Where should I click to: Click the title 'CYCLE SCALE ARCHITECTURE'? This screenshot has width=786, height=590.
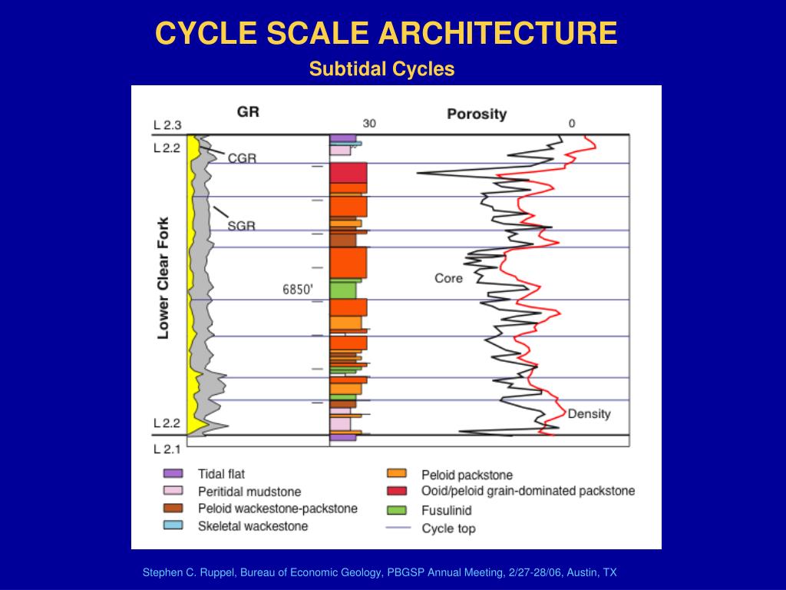click(x=386, y=33)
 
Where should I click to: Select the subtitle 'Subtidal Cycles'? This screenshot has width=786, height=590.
click(x=381, y=69)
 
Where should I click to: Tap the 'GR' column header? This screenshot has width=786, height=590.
click(x=248, y=111)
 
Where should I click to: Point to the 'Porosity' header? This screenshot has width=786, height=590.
click(x=477, y=114)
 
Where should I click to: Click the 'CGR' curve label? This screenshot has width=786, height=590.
click(x=242, y=158)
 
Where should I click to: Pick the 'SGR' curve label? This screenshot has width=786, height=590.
click(x=241, y=226)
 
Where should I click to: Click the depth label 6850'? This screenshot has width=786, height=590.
click(x=299, y=290)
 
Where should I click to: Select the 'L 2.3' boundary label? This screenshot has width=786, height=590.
click(x=167, y=124)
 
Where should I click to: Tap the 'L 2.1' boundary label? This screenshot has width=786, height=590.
click(x=167, y=449)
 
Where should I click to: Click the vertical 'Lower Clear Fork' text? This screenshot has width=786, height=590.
click(x=163, y=277)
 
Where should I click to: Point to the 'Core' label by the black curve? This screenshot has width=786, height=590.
click(x=448, y=278)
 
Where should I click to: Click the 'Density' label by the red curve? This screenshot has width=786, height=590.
click(x=589, y=414)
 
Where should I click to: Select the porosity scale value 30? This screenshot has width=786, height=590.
click(x=369, y=124)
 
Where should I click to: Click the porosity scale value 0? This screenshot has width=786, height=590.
click(x=571, y=124)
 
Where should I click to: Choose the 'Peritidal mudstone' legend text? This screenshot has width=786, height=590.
click(x=249, y=492)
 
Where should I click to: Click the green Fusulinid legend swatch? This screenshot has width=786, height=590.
click(x=396, y=510)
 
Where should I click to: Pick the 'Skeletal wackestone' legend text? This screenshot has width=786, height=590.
click(x=253, y=526)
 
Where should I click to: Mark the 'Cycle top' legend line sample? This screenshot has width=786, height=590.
click(x=397, y=529)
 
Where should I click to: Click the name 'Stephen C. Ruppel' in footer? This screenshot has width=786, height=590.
click(x=187, y=572)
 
